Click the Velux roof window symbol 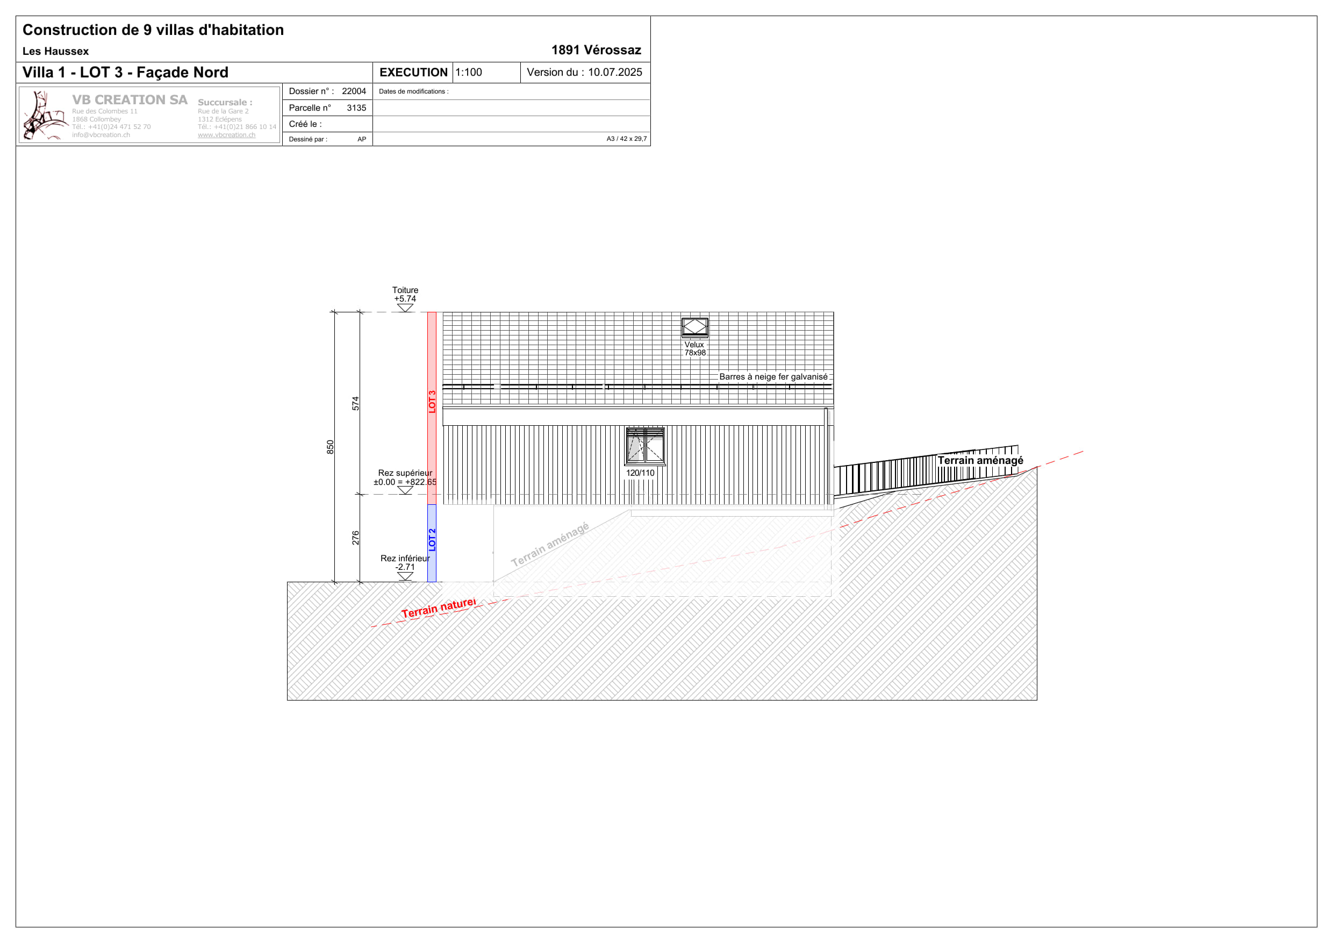pyautogui.click(x=694, y=327)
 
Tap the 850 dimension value pyautogui.click(x=331, y=447)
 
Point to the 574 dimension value pyautogui.click(x=355, y=404)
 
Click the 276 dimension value pyautogui.click(x=355, y=538)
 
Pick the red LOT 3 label pyautogui.click(x=432, y=402)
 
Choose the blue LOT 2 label pyautogui.click(x=432, y=540)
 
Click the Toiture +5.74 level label pyautogui.click(x=405, y=295)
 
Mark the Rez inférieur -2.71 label pyautogui.click(x=405, y=563)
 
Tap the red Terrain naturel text pyautogui.click(x=439, y=608)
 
